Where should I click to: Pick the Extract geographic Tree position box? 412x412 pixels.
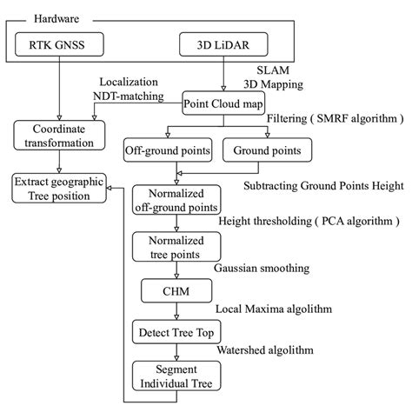point(58,189)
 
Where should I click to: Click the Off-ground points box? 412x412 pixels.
point(169,151)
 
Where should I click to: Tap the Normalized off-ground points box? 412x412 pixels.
point(176,200)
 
